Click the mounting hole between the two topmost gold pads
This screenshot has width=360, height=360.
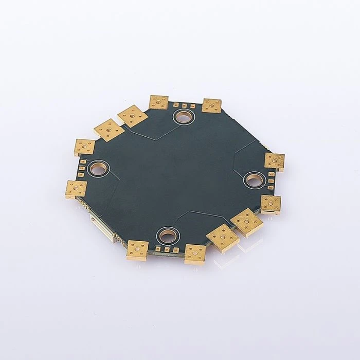[x=183, y=117]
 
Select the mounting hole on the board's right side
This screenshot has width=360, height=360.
[x=254, y=180]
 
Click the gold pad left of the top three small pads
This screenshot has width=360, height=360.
[x=159, y=102]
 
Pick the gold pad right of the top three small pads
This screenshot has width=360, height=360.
[x=211, y=105]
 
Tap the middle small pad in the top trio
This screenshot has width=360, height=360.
[x=184, y=105]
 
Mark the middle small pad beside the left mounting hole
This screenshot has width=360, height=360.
[x=81, y=168]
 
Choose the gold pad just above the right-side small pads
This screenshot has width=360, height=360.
[x=274, y=161]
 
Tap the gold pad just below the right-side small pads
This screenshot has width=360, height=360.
[x=271, y=203]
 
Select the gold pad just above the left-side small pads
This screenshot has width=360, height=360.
[x=84, y=147]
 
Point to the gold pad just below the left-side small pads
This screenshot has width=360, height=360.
[x=76, y=189]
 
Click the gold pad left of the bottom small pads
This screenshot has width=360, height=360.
[x=137, y=250]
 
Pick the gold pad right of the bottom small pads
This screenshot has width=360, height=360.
[x=195, y=253]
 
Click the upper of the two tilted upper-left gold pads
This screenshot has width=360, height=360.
[x=133, y=116]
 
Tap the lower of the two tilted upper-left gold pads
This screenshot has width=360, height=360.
[x=110, y=130]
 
